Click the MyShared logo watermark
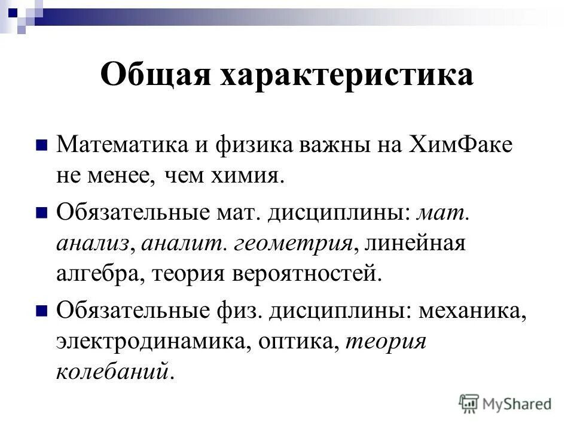tap(505, 403)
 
